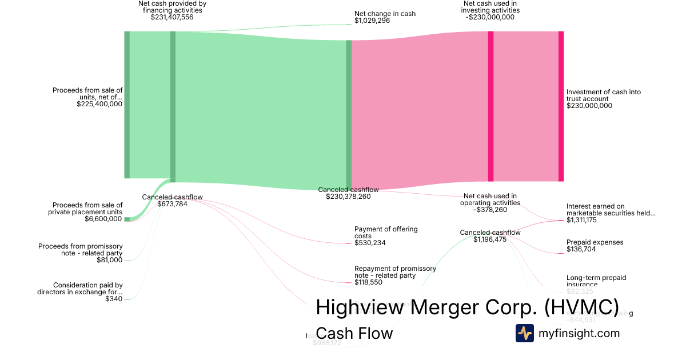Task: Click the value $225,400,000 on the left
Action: (99, 104)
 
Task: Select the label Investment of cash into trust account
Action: (603, 95)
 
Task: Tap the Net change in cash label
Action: (385, 14)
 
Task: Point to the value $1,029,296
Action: (372, 21)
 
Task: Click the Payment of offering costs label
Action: (386, 233)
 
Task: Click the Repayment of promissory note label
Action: (395, 272)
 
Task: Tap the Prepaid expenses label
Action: (595, 242)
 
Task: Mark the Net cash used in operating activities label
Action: (490, 199)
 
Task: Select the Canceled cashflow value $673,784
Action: (172, 204)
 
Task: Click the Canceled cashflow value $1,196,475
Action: (490, 239)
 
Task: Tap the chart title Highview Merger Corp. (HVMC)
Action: (467, 307)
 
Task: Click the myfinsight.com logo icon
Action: (524, 333)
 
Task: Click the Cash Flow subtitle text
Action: (354, 333)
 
